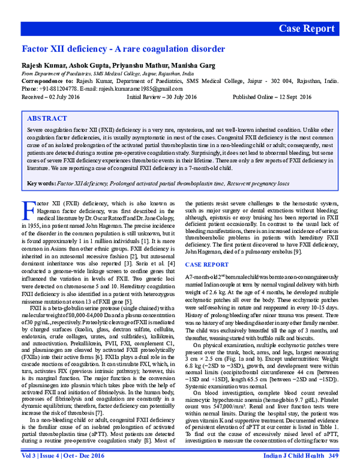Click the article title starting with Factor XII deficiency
point(123,49)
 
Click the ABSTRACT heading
point(48,119)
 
